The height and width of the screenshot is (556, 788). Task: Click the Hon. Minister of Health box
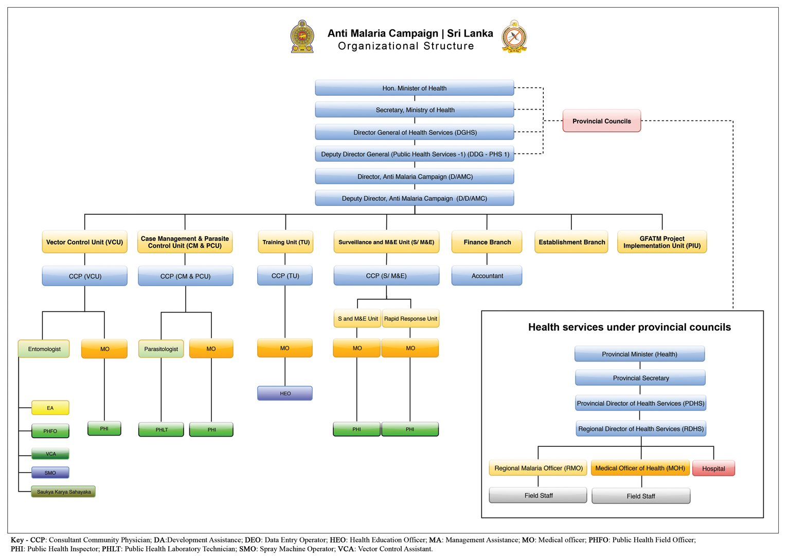[x=415, y=88]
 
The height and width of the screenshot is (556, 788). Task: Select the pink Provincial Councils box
[x=602, y=121]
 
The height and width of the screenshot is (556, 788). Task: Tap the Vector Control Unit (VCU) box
[x=84, y=242]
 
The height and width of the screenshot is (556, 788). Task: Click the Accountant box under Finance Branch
[x=487, y=276]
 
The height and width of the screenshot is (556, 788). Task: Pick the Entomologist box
[x=44, y=349]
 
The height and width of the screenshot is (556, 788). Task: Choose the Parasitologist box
[x=161, y=349]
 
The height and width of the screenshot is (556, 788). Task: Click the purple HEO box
[x=285, y=393]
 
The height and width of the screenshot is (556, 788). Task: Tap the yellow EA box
[x=50, y=408]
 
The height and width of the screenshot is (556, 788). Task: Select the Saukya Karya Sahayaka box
[x=63, y=492]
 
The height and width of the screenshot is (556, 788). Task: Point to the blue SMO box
[x=50, y=473]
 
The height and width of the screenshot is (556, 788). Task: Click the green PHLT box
[x=161, y=429]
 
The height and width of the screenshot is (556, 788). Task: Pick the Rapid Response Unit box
[x=410, y=318]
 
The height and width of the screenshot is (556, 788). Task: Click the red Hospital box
[x=713, y=468]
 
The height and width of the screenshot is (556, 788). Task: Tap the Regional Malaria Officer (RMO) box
[x=538, y=468]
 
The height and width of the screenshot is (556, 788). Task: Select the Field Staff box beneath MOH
[x=641, y=496]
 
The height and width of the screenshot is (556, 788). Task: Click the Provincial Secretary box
[x=640, y=378]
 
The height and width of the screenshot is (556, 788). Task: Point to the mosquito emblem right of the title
[x=514, y=37]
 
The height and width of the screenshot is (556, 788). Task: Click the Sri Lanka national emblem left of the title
[x=302, y=37]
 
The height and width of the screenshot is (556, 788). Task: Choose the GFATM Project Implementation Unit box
[x=662, y=242]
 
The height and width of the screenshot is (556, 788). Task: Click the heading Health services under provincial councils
[x=630, y=327]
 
